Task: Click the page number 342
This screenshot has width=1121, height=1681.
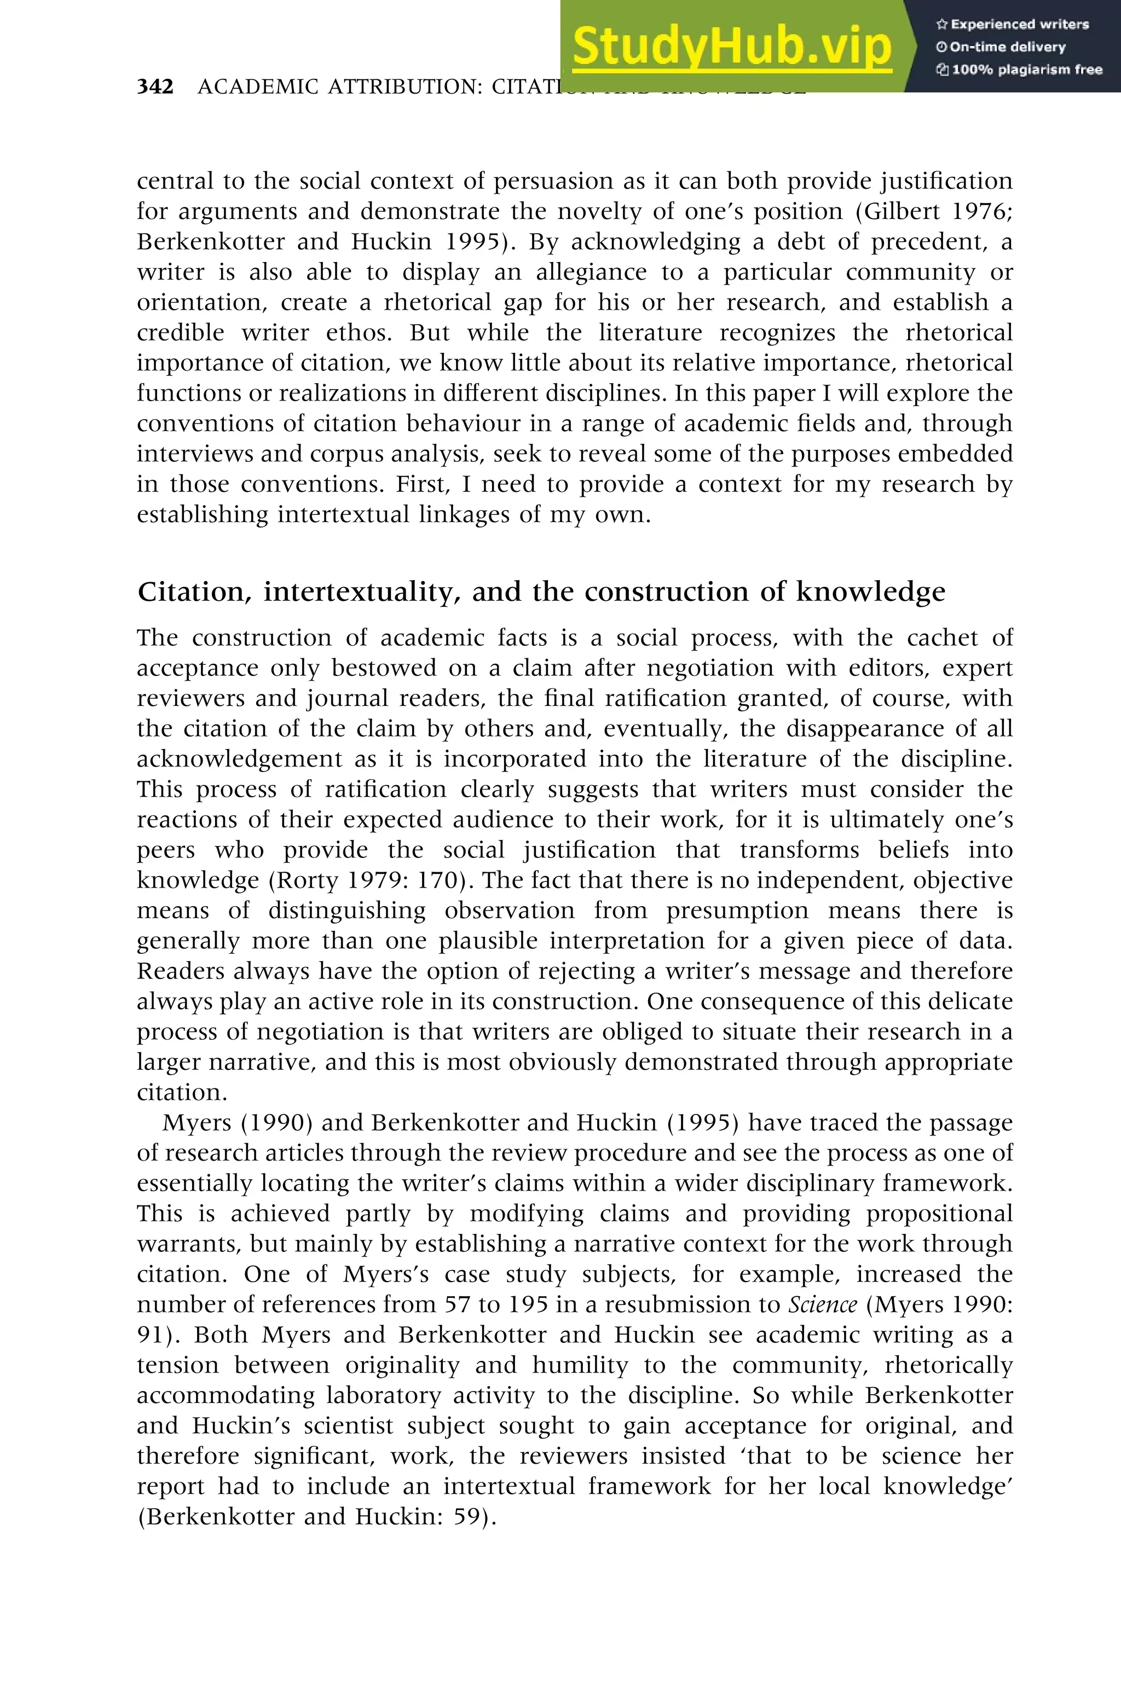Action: [x=155, y=86]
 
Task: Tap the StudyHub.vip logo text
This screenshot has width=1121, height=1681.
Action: [x=732, y=47]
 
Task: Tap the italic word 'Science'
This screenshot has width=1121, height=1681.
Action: [x=822, y=1305]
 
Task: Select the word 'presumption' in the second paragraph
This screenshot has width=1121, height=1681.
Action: [x=738, y=911]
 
